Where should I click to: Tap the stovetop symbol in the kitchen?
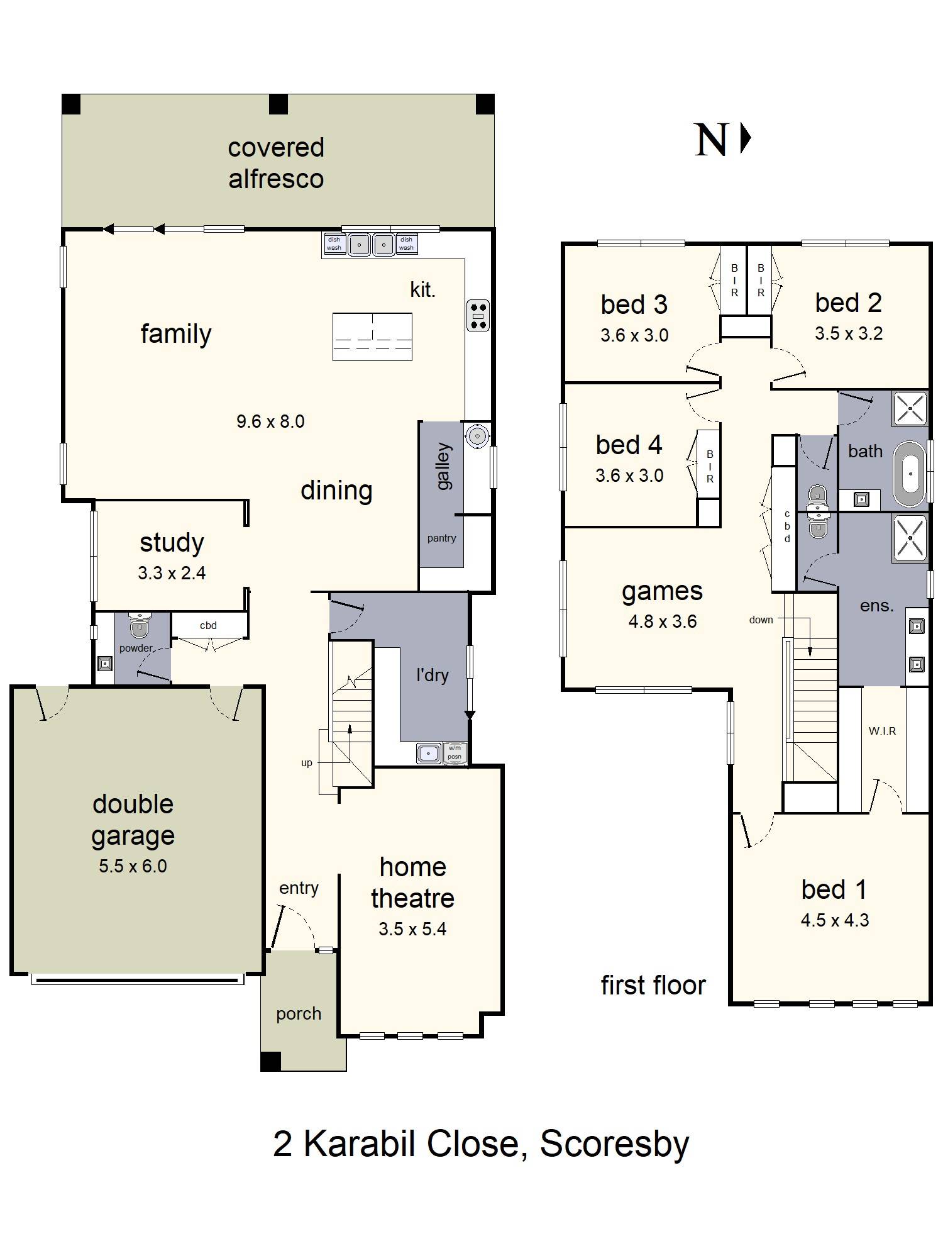[478, 316]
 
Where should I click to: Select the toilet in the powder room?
[138, 626]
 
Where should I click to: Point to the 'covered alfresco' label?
[276, 163]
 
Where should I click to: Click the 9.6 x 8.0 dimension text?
[270, 421]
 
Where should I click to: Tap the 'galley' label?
[443, 466]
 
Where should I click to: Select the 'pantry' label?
[441, 538]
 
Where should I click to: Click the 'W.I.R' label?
[882, 731]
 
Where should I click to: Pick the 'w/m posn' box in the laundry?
[455, 752]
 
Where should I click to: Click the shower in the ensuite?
[909, 538]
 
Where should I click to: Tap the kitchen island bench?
[372, 337]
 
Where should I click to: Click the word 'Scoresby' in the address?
[614, 1144]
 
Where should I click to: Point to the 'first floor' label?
[653, 985]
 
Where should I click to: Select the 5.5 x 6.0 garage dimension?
[133, 866]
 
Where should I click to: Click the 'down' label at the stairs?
[761, 620]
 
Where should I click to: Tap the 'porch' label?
[299, 1014]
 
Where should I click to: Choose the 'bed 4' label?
[629, 445]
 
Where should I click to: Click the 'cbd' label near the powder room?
[208, 625]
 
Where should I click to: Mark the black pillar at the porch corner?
[271, 1061]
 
